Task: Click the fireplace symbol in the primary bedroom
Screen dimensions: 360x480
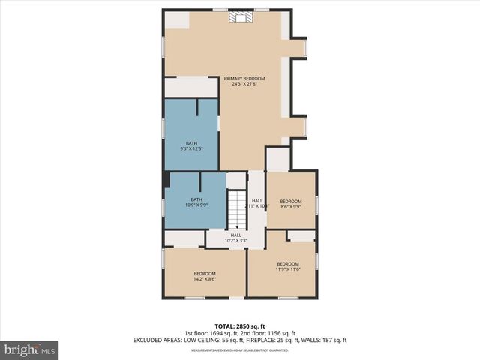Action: (x=240, y=17)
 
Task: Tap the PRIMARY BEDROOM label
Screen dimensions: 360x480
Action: (x=241, y=81)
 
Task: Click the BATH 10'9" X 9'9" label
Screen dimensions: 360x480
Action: (x=196, y=202)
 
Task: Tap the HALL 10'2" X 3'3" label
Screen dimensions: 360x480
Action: (x=236, y=238)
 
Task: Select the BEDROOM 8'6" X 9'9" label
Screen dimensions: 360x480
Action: (x=291, y=204)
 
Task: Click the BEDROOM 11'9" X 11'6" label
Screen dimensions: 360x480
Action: (x=288, y=266)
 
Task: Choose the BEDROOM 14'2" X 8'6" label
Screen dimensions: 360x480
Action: (x=205, y=276)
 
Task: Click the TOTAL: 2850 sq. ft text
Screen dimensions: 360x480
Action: (x=240, y=326)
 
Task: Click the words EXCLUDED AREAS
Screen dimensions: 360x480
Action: (x=158, y=340)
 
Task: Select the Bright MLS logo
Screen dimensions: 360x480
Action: (x=30, y=349)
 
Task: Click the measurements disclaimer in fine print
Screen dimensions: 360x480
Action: (x=240, y=349)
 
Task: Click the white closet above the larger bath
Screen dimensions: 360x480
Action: (x=190, y=86)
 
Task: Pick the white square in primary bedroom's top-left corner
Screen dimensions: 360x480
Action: (x=177, y=20)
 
